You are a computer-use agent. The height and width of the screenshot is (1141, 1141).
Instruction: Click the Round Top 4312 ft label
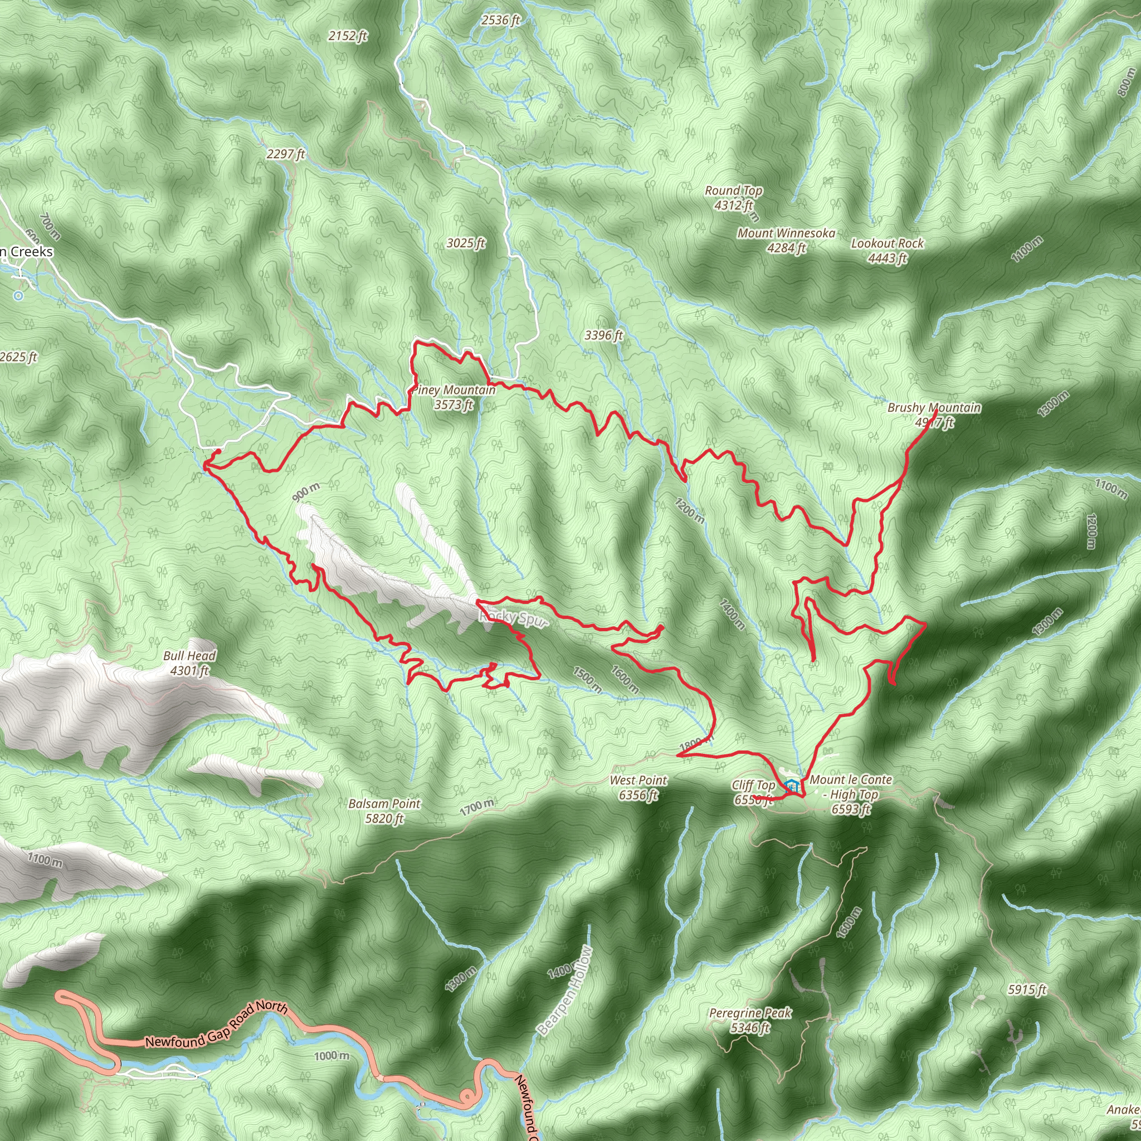point(733,198)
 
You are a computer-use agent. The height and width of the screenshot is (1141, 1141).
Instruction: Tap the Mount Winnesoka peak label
point(786,240)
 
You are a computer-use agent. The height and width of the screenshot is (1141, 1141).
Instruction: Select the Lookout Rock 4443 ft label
point(887,250)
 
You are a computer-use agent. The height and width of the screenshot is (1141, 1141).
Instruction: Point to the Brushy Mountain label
point(934,415)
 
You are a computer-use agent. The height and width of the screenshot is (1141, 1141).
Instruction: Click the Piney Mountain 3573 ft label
point(454,397)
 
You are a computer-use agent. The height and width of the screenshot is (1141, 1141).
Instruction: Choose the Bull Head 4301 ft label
point(189,662)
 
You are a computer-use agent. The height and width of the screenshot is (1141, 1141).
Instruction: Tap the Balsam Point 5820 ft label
point(384,810)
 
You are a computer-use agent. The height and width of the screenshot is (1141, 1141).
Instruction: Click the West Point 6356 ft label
point(638,787)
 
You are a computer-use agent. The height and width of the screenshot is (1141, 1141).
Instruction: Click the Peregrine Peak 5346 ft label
point(750,1020)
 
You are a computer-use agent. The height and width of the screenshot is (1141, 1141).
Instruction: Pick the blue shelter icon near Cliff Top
point(791,786)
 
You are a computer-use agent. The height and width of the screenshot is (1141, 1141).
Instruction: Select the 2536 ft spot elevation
point(500,20)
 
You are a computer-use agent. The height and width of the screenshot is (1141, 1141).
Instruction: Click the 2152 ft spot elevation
point(348,36)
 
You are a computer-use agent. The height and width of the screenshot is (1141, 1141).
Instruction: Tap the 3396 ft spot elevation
point(603,335)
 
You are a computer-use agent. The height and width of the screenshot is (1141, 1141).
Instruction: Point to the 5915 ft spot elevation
point(1027,989)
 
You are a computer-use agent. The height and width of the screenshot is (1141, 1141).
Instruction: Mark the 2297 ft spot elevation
point(286,154)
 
